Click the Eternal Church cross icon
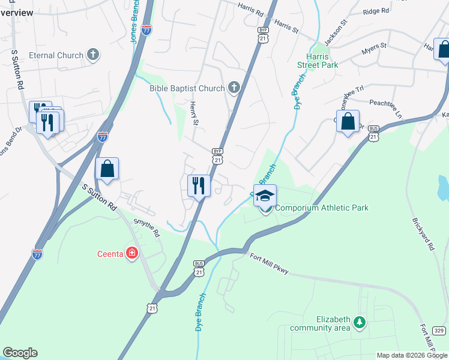pos(92,55)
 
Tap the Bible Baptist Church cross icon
pos(234,88)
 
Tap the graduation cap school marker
pos(265,195)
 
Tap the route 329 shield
pos(439,330)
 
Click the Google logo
pos(20,353)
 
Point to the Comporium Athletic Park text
pos(322,208)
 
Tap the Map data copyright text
pos(412,355)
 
